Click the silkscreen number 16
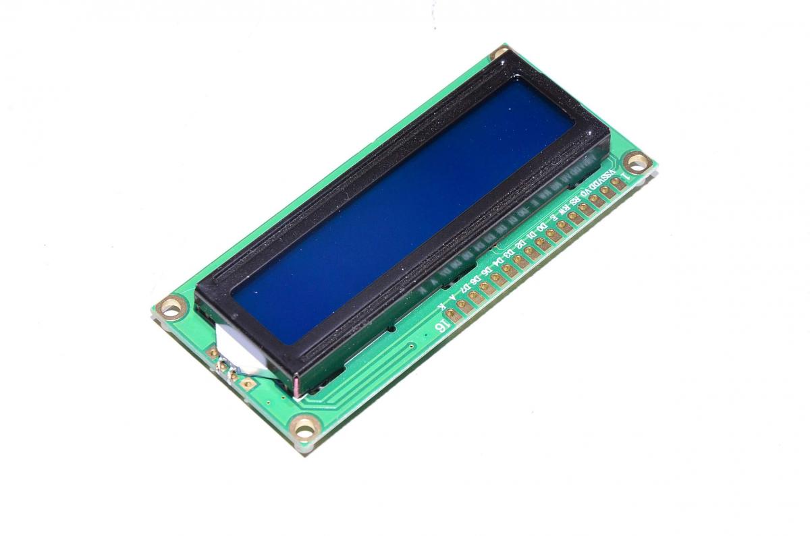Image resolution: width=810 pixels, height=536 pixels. [x=440, y=326]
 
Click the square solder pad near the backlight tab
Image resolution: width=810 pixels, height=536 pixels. [x=248, y=384]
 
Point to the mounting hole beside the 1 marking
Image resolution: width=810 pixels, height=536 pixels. [x=636, y=161]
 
